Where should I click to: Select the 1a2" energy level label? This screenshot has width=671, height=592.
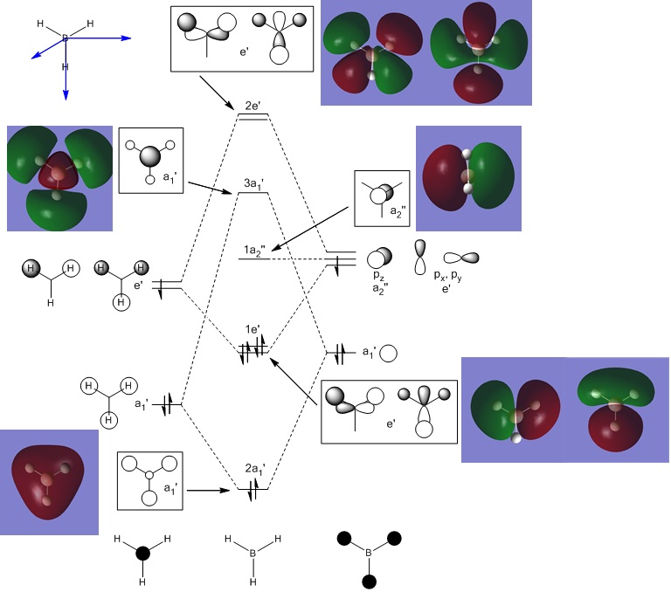254,251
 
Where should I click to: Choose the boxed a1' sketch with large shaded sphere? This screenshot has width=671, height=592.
149,159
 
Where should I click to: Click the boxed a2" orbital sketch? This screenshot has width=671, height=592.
382,200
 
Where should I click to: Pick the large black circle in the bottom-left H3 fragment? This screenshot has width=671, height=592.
142,553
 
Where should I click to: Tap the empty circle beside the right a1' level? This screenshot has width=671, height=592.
390,354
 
